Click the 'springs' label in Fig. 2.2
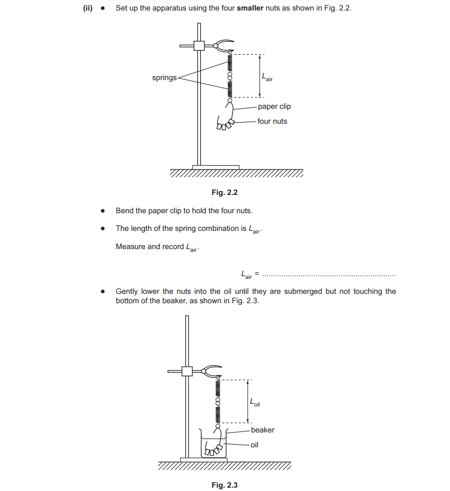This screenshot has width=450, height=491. click(164, 78)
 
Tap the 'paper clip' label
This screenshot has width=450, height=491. click(274, 106)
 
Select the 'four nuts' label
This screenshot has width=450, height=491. click(272, 121)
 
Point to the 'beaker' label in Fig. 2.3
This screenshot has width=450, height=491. click(262, 430)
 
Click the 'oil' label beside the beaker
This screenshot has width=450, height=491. click(254, 444)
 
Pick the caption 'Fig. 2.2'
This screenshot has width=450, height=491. click(224, 192)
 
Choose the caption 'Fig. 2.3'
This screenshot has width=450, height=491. click(224, 485)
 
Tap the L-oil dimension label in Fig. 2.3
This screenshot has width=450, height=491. click(255, 403)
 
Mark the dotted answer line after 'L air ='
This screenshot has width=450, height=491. click(329, 274)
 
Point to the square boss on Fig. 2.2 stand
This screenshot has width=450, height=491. click(199, 46)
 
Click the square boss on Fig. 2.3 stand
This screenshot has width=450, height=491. click(187, 371)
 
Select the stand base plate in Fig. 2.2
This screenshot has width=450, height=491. click(216, 167)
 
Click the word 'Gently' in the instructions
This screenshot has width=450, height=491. click(127, 291)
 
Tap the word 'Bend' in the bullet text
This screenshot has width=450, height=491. click(125, 210)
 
